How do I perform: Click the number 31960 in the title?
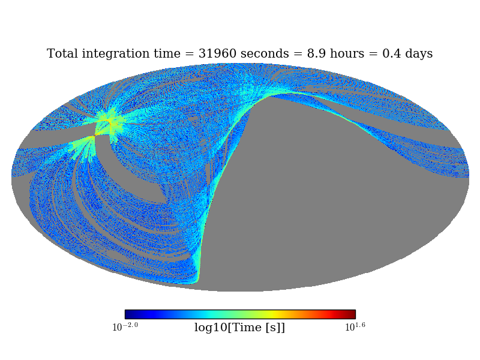(x=217, y=53)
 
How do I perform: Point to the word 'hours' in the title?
(x=347, y=53)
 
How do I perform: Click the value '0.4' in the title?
(x=392, y=53)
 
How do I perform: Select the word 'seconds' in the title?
(x=265, y=53)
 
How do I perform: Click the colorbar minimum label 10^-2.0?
(x=125, y=327)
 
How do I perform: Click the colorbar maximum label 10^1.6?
(x=355, y=327)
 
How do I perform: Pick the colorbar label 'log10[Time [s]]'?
(x=239, y=328)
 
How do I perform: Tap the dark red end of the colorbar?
(x=352, y=314)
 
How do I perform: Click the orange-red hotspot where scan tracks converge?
(x=109, y=122)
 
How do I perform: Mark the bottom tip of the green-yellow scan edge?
(x=197, y=282)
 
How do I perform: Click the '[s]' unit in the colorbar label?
(x=272, y=328)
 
